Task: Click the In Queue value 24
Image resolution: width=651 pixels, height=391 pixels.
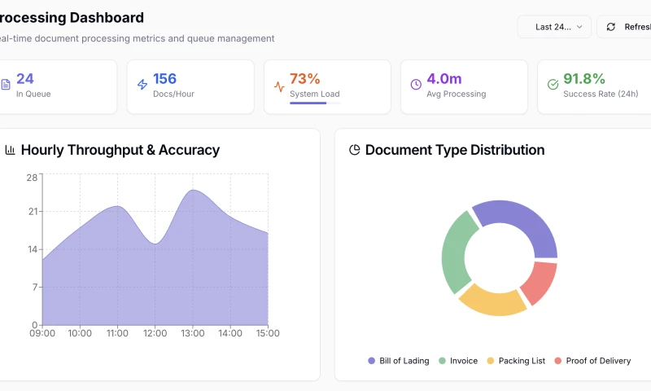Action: tap(25, 79)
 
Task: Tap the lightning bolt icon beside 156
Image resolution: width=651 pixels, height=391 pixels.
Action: tap(142, 85)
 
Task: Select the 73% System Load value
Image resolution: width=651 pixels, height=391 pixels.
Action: tap(305, 79)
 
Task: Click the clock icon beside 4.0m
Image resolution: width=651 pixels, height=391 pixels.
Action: tap(416, 85)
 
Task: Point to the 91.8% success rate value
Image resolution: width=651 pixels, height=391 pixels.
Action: tap(584, 79)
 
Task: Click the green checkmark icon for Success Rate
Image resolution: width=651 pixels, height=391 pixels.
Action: tap(553, 85)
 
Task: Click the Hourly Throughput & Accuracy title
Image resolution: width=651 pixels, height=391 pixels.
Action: tap(120, 150)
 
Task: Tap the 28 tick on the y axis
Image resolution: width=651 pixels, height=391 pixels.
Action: tap(32, 177)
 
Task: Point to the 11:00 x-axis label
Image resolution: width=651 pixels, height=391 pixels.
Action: tap(117, 333)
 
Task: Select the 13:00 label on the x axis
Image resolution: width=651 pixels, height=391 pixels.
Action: tap(193, 333)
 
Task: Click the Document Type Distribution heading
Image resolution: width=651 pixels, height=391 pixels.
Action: tap(455, 150)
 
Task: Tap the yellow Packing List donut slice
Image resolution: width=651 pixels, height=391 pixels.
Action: tap(493, 299)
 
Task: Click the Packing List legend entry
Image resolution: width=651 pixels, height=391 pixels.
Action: tap(516, 361)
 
